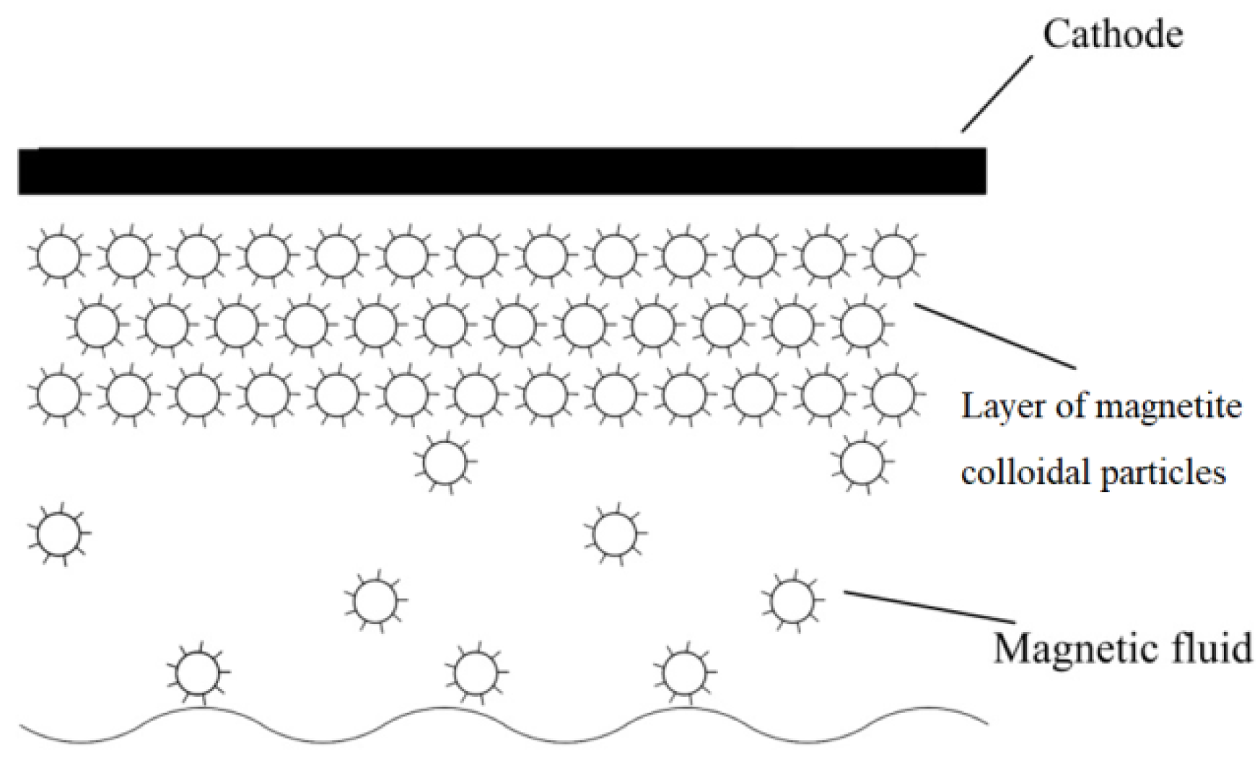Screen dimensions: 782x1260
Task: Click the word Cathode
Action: pos(1112,35)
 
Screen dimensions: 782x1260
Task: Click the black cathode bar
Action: pos(502,171)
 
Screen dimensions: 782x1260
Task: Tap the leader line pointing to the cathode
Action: pos(997,95)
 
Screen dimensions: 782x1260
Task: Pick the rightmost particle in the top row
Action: pos(893,255)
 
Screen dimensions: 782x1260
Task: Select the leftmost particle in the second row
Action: pos(98,325)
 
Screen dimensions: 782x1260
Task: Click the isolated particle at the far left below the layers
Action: pos(59,535)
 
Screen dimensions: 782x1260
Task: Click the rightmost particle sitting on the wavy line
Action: pos(684,672)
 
